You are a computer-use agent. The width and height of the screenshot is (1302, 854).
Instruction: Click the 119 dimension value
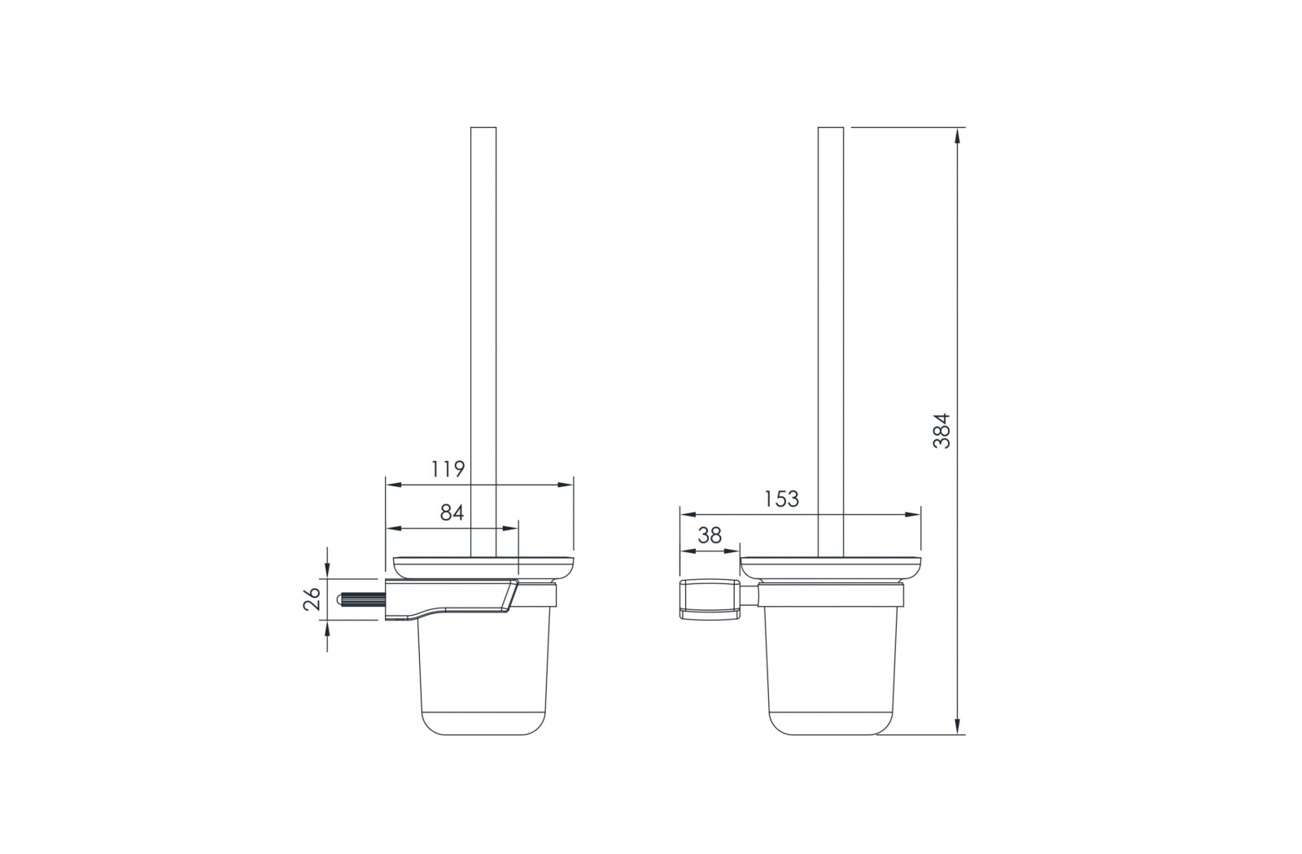pos(448,468)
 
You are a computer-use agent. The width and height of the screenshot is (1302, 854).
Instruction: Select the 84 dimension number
pos(452,512)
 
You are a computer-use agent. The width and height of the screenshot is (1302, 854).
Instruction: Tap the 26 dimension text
pos(312,599)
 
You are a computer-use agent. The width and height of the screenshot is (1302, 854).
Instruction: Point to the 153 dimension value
pos(782,499)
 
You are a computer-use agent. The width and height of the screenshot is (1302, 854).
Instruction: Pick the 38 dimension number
pos(709,534)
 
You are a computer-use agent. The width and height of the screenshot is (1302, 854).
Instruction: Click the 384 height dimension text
pos(941,430)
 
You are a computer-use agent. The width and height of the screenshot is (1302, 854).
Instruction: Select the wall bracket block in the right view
pos(710,599)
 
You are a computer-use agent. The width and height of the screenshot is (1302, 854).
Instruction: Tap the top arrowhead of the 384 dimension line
pos(957,135)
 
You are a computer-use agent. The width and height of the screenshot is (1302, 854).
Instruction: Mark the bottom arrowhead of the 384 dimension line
pos(957,726)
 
